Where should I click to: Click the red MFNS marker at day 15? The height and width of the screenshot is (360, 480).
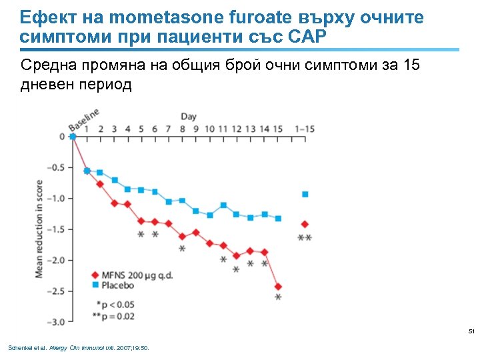(x=278, y=287)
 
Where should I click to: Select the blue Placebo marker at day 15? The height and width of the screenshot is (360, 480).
(x=278, y=219)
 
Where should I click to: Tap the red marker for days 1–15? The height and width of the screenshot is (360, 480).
(x=305, y=224)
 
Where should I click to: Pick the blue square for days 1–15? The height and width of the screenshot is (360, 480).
(x=305, y=194)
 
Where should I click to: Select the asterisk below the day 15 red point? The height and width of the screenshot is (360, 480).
(x=278, y=298)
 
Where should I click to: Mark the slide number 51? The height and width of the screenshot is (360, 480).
(x=471, y=331)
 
